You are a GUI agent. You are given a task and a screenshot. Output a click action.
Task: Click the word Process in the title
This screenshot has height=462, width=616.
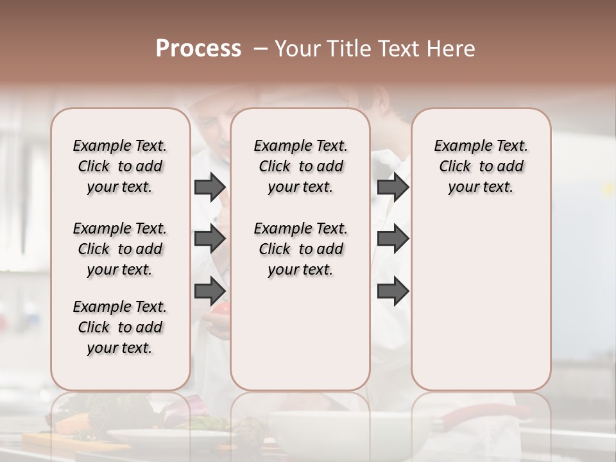click(198, 49)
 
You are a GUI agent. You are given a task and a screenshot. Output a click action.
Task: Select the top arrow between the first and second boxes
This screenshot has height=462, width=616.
click(210, 187)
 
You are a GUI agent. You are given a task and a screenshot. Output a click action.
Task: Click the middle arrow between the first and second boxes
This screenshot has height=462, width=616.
click(210, 239)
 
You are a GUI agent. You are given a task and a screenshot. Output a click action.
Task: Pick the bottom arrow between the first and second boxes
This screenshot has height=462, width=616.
click(210, 291)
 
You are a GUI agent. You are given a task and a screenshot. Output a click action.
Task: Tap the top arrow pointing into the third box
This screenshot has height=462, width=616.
click(393, 187)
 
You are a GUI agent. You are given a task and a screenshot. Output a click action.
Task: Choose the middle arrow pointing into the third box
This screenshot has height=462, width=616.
click(393, 239)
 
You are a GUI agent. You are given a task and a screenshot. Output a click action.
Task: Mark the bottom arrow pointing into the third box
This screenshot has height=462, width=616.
click(393, 291)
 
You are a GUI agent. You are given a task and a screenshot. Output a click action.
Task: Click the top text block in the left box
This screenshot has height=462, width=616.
click(120, 166)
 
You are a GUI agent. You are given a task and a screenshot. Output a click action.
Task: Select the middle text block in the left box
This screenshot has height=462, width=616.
click(120, 249)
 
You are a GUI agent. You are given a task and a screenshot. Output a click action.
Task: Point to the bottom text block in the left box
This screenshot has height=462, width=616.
click(120, 327)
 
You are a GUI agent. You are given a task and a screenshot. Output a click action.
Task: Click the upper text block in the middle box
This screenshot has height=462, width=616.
click(300, 166)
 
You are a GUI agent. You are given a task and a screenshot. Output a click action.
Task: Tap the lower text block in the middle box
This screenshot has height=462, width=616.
click(300, 249)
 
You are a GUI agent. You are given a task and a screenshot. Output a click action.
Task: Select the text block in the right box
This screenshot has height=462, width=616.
click(481, 166)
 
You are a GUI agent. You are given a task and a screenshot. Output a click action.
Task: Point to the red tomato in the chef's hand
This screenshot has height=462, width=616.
click(220, 309)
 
